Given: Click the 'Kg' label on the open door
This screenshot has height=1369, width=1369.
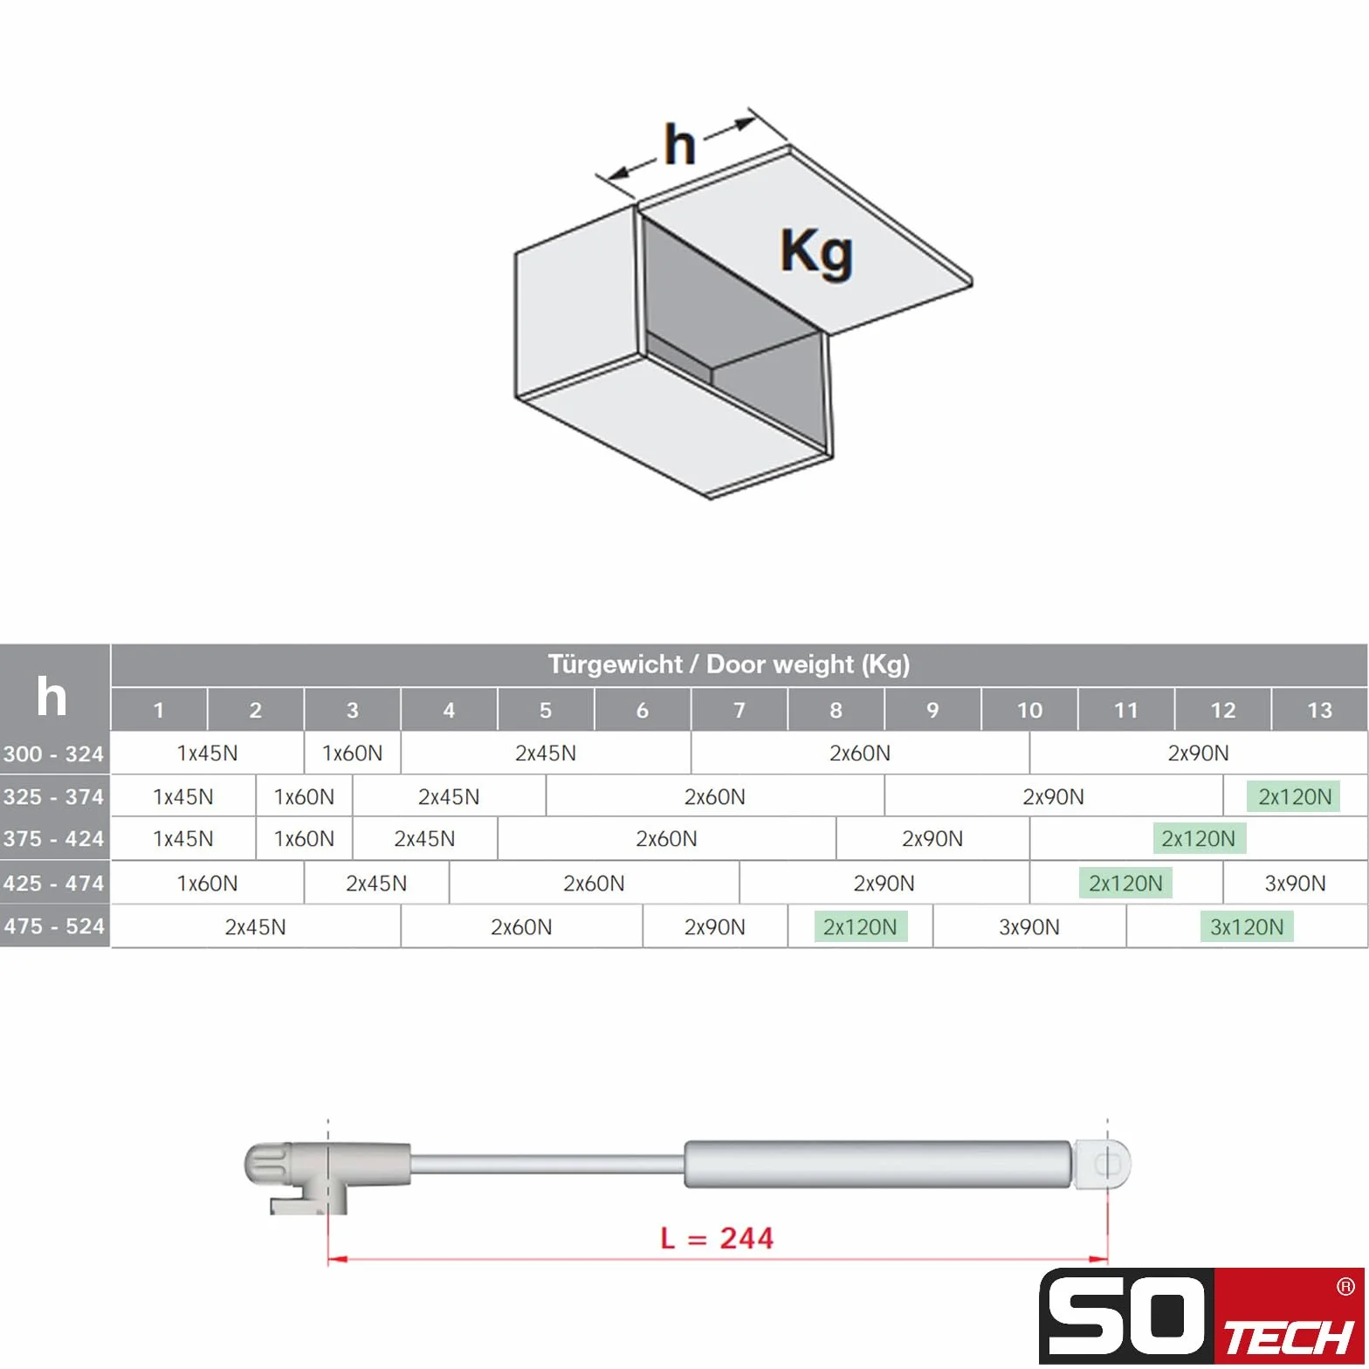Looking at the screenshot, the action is [x=816, y=253].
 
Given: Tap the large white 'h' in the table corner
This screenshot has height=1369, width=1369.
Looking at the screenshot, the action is [x=52, y=697].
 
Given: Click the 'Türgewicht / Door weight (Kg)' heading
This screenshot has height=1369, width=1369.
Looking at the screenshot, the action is [x=729, y=664].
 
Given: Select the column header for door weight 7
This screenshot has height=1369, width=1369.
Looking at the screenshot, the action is [x=739, y=710].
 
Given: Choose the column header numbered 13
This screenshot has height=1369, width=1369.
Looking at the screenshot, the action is [x=1319, y=710].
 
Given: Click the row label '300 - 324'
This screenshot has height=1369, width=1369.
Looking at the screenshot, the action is [x=54, y=753].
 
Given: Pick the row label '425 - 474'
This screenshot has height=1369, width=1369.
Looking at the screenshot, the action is [x=54, y=883].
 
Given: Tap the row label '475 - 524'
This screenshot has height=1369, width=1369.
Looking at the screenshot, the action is [x=54, y=926].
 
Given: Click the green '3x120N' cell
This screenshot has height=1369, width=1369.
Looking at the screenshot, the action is [x=1247, y=927].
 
